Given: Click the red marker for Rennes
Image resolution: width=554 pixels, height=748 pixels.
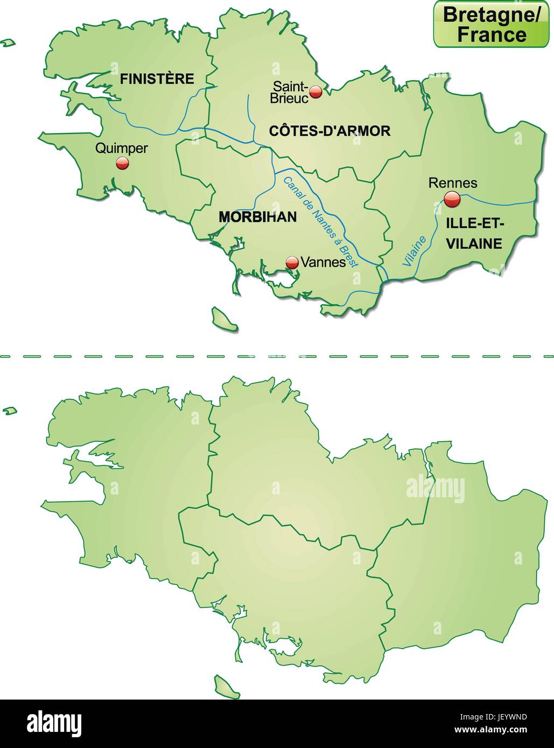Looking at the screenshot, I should [452, 200].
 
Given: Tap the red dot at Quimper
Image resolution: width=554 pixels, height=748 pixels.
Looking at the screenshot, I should [122, 163].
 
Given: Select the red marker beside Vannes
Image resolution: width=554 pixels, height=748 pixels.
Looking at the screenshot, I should [292, 262].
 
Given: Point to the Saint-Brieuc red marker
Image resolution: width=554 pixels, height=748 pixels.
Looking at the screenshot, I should [316, 91].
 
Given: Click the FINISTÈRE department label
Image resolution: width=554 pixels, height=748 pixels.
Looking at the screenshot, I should [157, 79].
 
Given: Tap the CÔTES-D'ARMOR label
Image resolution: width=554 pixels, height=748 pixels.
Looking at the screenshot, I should [329, 130].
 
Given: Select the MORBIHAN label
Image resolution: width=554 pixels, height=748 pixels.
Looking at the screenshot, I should [258, 216].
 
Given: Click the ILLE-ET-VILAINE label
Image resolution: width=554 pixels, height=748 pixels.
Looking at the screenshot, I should [474, 234].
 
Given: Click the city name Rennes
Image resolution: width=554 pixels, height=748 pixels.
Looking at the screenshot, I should [453, 182].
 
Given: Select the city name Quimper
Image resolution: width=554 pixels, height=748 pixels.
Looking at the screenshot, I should [121, 149].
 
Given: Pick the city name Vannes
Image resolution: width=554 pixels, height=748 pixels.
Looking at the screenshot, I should [323, 262].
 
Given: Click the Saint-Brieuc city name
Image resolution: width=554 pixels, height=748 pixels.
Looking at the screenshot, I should [290, 92].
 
